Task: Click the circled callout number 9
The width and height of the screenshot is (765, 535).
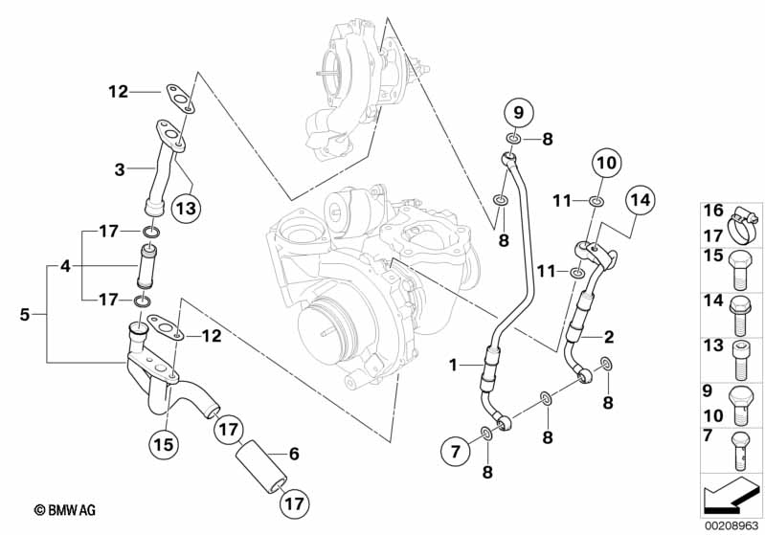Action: point(518,113)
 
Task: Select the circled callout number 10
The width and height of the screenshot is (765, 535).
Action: point(607,163)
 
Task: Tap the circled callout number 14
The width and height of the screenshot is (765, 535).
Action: point(641,199)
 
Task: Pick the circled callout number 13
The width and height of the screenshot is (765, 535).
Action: point(187,209)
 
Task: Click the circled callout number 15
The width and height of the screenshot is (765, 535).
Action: point(164,444)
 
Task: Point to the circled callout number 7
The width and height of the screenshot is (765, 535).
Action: point(455,452)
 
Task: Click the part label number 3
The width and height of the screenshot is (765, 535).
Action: point(120,169)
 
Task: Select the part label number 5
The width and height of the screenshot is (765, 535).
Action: point(24,315)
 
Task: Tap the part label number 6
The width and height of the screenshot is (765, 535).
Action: point(294,454)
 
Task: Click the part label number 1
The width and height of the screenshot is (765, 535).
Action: point(454,365)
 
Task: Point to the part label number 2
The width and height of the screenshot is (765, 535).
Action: point(608,337)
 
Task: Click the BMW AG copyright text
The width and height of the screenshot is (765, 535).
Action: point(65,510)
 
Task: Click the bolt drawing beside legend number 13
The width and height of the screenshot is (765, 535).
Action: point(740,360)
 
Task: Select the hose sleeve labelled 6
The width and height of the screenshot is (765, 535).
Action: point(260,467)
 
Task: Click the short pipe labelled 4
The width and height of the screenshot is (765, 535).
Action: point(146,266)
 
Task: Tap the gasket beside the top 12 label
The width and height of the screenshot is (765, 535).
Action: point(180,99)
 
